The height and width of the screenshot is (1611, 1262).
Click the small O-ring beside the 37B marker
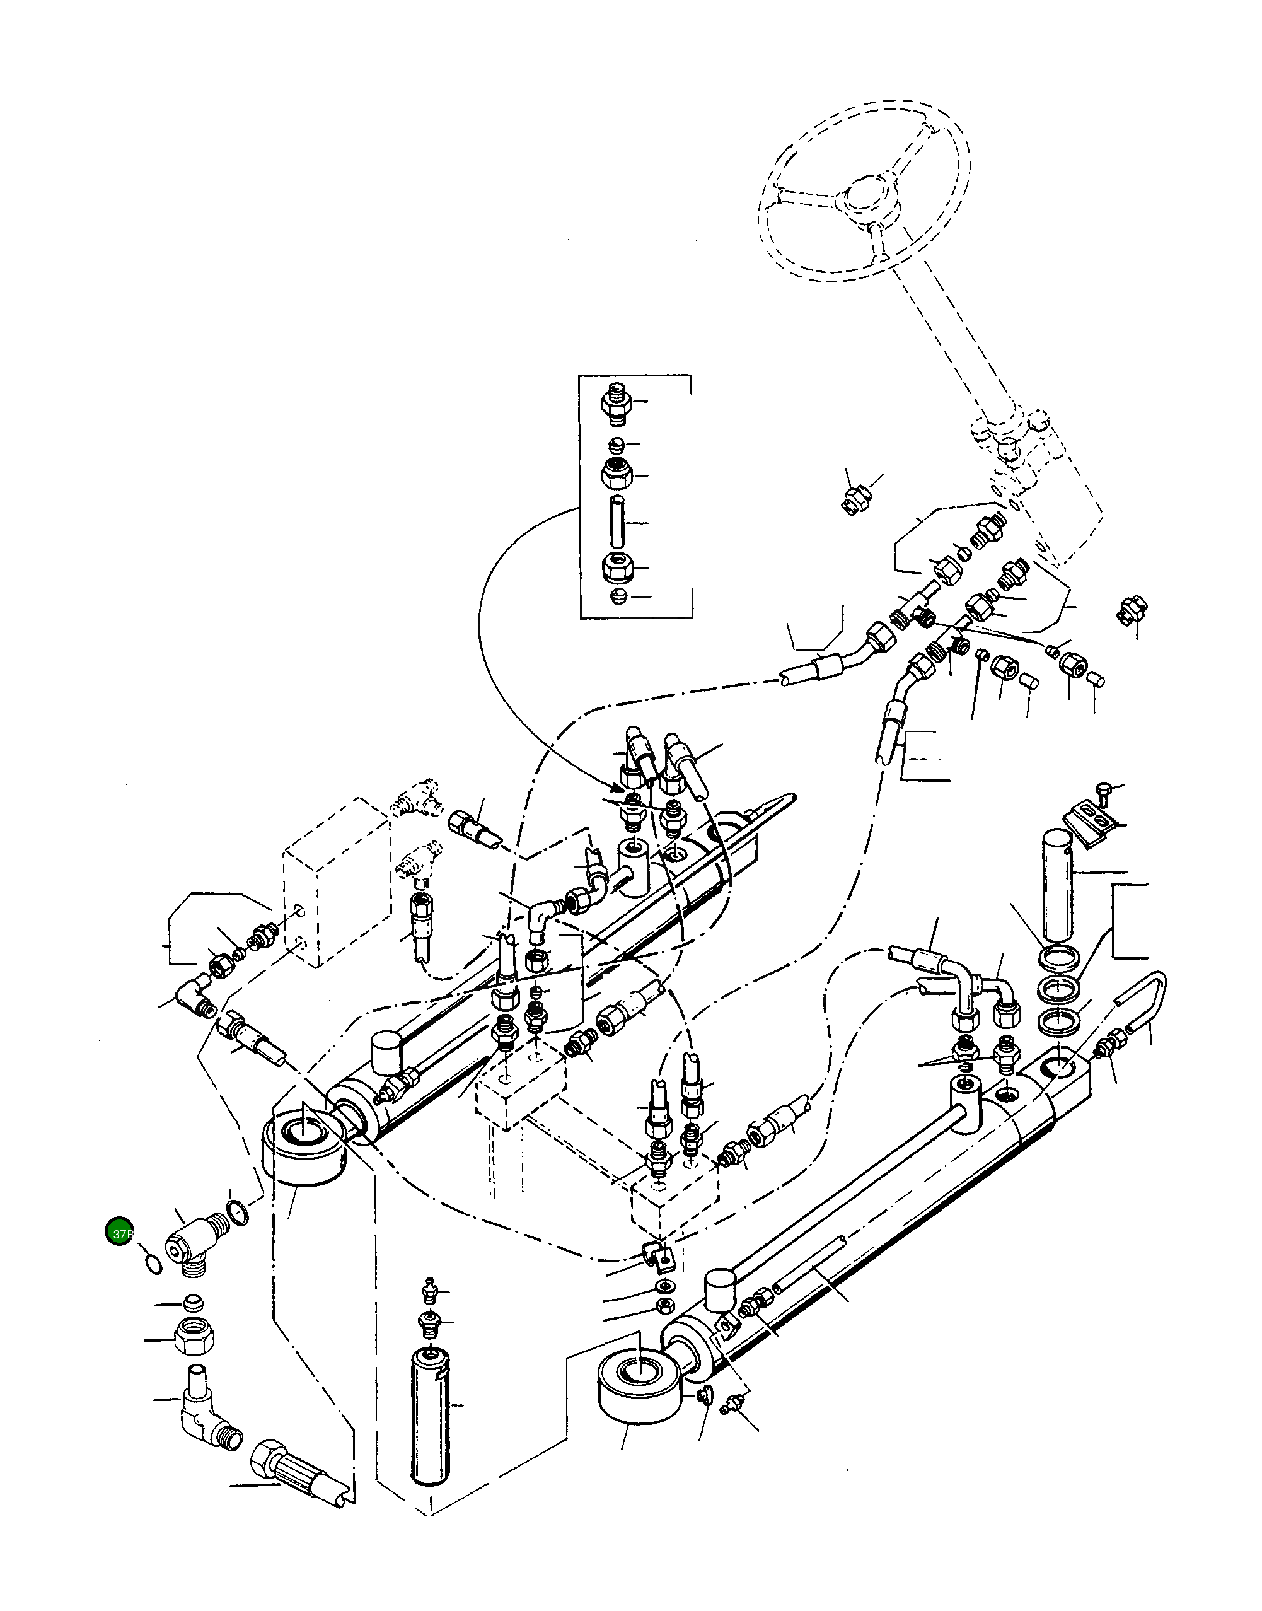coord(151,1265)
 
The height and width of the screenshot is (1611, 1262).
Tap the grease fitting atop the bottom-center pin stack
coord(429,1289)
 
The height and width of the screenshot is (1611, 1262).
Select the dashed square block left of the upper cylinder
coord(337,883)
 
